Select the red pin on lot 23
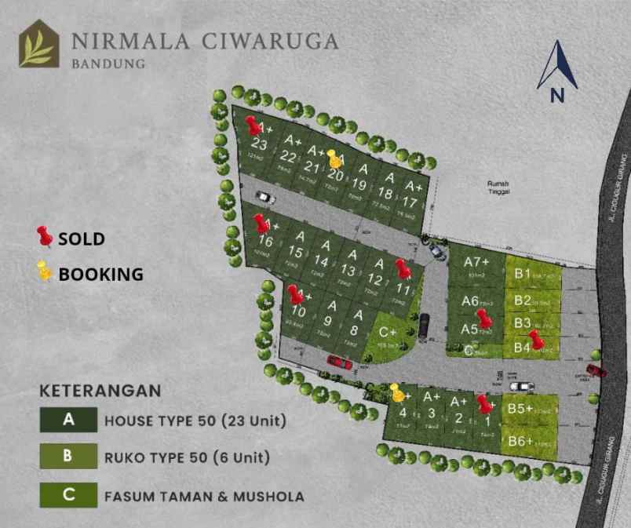point(253,125)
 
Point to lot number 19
point(359,185)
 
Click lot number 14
point(321,261)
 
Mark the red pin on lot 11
point(403,268)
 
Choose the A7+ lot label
point(476,262)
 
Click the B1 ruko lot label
point(523,274)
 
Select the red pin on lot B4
point(536,339)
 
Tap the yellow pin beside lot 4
point(397,391)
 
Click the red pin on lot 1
point(485,404)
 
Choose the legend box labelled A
point(68,420)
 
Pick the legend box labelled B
point(68,457)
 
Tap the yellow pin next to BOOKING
point(45,272)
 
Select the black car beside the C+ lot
point(425,325)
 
